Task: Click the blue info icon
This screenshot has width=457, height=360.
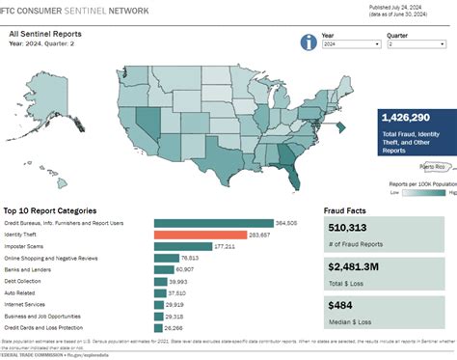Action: (x=309, y=42)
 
